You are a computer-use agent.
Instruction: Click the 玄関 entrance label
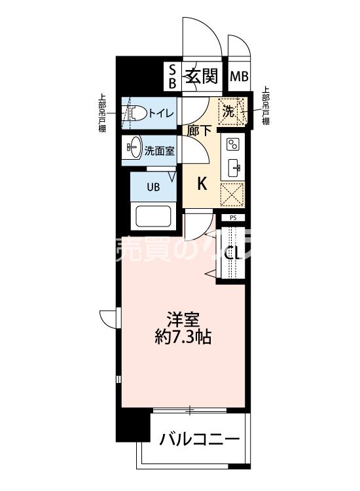[201, 77]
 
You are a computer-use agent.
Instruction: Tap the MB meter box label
[239, 77]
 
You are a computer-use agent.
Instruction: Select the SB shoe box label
[173, 77]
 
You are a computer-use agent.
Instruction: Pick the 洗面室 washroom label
[159, 150]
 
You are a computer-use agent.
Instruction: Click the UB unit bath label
[153, 187]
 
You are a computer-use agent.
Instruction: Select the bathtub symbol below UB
[153, 215]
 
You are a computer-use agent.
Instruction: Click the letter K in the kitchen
[202, 184]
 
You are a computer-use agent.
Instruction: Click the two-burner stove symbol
[233, 145]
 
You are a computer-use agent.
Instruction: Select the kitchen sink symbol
[233, 168]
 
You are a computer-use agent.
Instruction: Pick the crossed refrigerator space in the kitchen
[232, 195]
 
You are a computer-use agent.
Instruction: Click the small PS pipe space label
[232, 218]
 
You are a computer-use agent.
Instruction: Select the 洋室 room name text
[183, 321]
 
